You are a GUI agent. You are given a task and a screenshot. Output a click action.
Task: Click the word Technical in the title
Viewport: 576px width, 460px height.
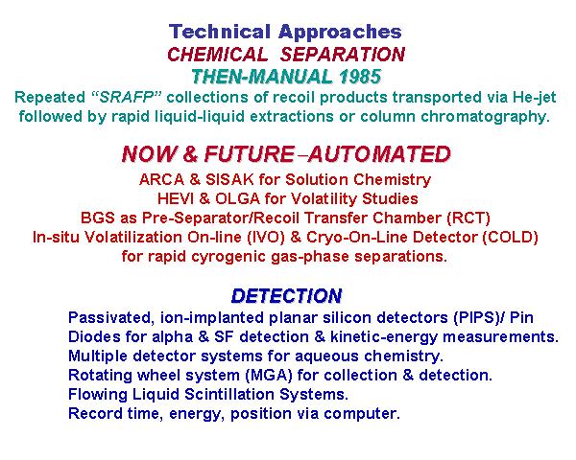pos(219,32)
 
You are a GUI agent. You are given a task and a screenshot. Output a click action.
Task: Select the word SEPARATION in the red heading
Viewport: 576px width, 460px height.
pos(343,55)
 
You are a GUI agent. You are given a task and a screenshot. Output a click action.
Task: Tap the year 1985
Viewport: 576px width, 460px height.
pos(360,77)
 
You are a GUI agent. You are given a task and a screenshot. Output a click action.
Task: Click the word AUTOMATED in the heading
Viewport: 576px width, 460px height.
pos(379,154)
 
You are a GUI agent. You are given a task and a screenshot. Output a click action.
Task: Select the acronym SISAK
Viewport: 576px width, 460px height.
pos(229,180)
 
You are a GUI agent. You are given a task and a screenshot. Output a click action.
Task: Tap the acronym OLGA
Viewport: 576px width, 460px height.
pos(237,198)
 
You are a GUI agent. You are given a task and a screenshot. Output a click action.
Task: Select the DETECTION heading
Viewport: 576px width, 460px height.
pos(286,296)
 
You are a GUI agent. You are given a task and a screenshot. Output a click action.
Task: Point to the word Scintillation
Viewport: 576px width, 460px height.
pos(229,394)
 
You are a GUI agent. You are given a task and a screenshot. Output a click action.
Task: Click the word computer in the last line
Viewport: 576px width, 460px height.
pos(362,414)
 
